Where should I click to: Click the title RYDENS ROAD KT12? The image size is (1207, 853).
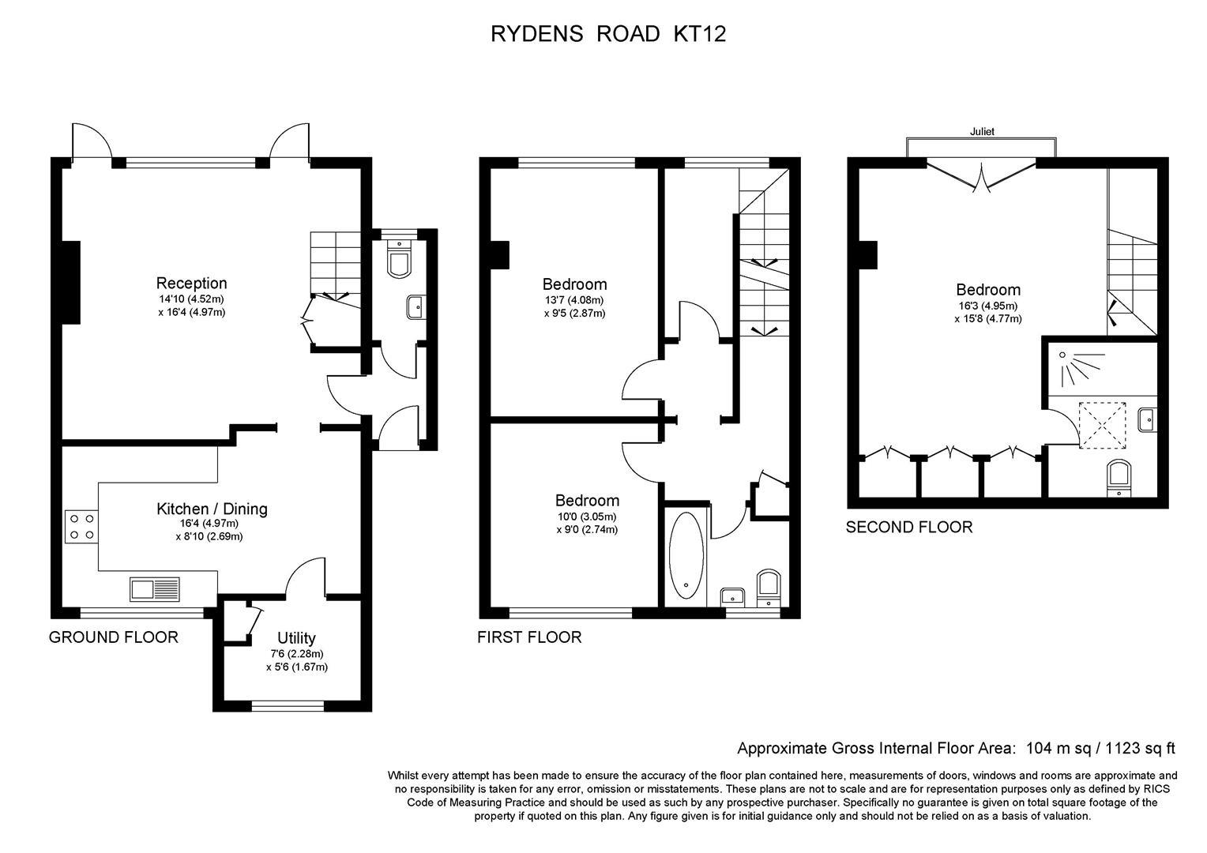click(608, 34)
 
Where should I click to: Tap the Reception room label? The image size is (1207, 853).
click(191, 283)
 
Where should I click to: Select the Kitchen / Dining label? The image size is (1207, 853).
click(212, 509)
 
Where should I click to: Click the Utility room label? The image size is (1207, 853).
click(296, 638)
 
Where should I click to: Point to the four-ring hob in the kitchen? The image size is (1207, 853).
click(81, 527)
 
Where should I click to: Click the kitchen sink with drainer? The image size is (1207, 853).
click(155, 589)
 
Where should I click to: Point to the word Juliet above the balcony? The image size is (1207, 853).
click(982, 131)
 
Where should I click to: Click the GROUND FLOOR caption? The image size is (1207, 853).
click(113, 637)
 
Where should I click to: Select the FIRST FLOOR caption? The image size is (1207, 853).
click(529, 637)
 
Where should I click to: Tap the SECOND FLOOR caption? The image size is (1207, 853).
click(909, 527)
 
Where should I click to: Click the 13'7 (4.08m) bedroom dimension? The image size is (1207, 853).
click(574, 300)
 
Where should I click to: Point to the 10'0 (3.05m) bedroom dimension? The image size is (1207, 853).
click(587, 517)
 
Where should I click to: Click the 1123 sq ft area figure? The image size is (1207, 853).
click(1140, 749)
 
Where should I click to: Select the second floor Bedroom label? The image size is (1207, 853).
click(988, 290)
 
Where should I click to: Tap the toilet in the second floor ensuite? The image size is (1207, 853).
click(1119, 478)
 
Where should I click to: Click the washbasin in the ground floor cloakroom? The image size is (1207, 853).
click(416, 308)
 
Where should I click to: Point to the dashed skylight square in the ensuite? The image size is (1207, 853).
click(1102, 425)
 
